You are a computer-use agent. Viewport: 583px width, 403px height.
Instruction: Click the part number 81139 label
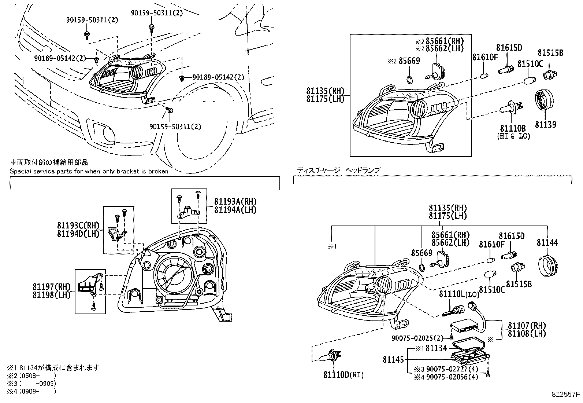[x=545, y=125]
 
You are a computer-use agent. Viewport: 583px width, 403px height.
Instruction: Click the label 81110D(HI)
[x=344, y=374]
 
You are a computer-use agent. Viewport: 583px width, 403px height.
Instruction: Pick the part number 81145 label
[x=393, y=360]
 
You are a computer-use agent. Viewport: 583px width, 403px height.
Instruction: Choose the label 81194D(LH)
[x=78, y=234]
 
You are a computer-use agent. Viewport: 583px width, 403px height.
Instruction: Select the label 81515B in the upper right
[x=550, y=53]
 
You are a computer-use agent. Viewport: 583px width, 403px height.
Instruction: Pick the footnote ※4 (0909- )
[x=31, y=391]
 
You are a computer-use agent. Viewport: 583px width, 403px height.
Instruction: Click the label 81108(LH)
[x=527, y=333]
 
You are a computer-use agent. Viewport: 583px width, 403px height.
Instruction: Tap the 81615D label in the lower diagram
[x=512, y=236]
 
